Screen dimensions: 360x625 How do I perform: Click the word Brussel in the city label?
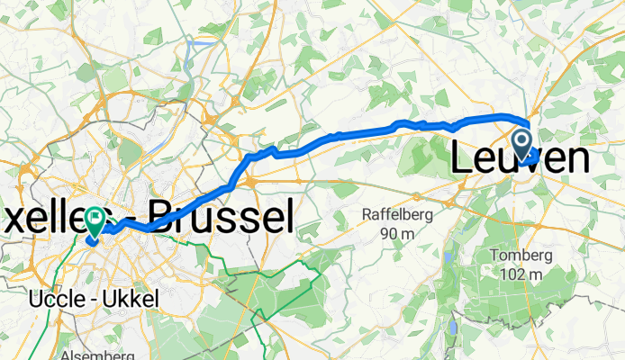pos(221,217)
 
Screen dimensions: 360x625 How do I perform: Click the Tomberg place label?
pos(522,255)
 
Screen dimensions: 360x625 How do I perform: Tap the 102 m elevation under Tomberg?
pos(522,274)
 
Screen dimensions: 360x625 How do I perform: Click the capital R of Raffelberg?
pos(367,215)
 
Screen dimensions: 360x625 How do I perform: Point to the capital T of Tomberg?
pos(496,255)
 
